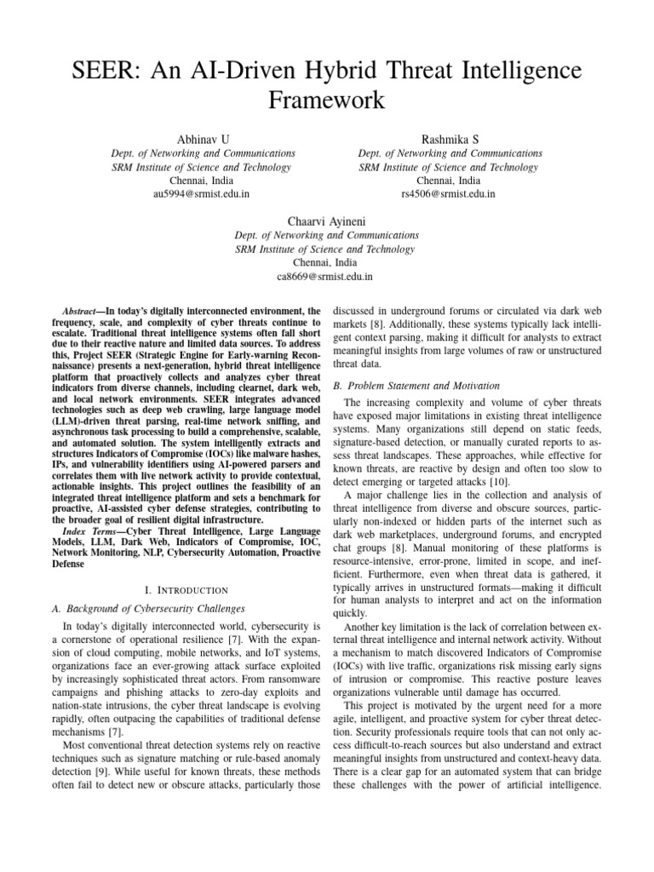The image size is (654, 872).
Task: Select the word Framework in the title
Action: click(326, 101)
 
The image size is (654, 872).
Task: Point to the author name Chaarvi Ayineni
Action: click(326, 220)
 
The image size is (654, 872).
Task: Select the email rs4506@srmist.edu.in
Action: click(450, 194)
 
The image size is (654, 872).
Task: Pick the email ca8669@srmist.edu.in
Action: click(326, 276)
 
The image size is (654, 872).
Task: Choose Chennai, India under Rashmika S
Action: click(450, 181)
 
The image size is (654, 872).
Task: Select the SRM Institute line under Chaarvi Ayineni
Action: click(326, 249)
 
